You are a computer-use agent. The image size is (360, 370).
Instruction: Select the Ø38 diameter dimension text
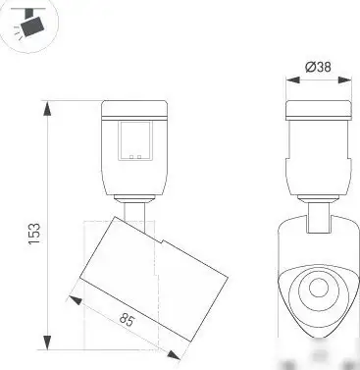click(x=317, y=67)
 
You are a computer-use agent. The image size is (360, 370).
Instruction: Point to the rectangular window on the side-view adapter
click(x=135, y=140)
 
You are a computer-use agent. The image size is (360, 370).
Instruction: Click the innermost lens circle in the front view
click(x=318, y=289)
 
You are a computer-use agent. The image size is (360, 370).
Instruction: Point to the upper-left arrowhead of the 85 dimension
click(x=71, y=291)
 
